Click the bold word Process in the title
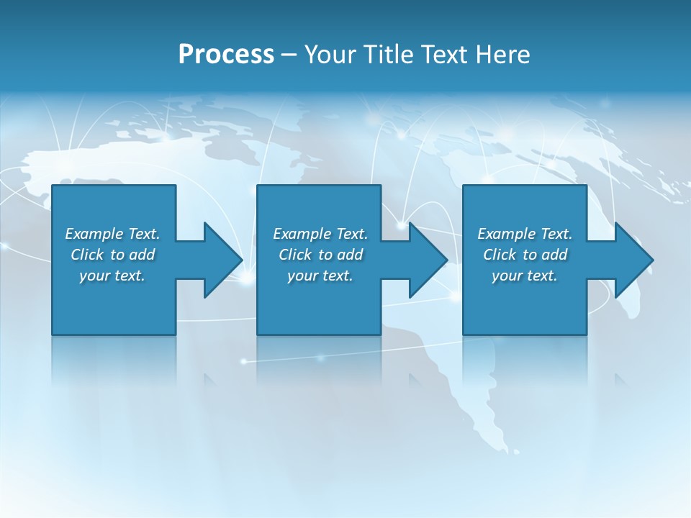click(226, 55)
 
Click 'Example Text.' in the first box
click(112, 234)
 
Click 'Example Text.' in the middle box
click(320, 234)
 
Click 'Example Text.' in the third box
click(525, 234)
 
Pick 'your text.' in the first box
click(112, 276)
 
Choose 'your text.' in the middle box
click(320, 276)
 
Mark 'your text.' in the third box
click(525, 276)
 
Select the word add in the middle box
click(350, 255)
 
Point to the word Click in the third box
click(500, 255)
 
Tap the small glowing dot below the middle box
click(321, 358)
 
